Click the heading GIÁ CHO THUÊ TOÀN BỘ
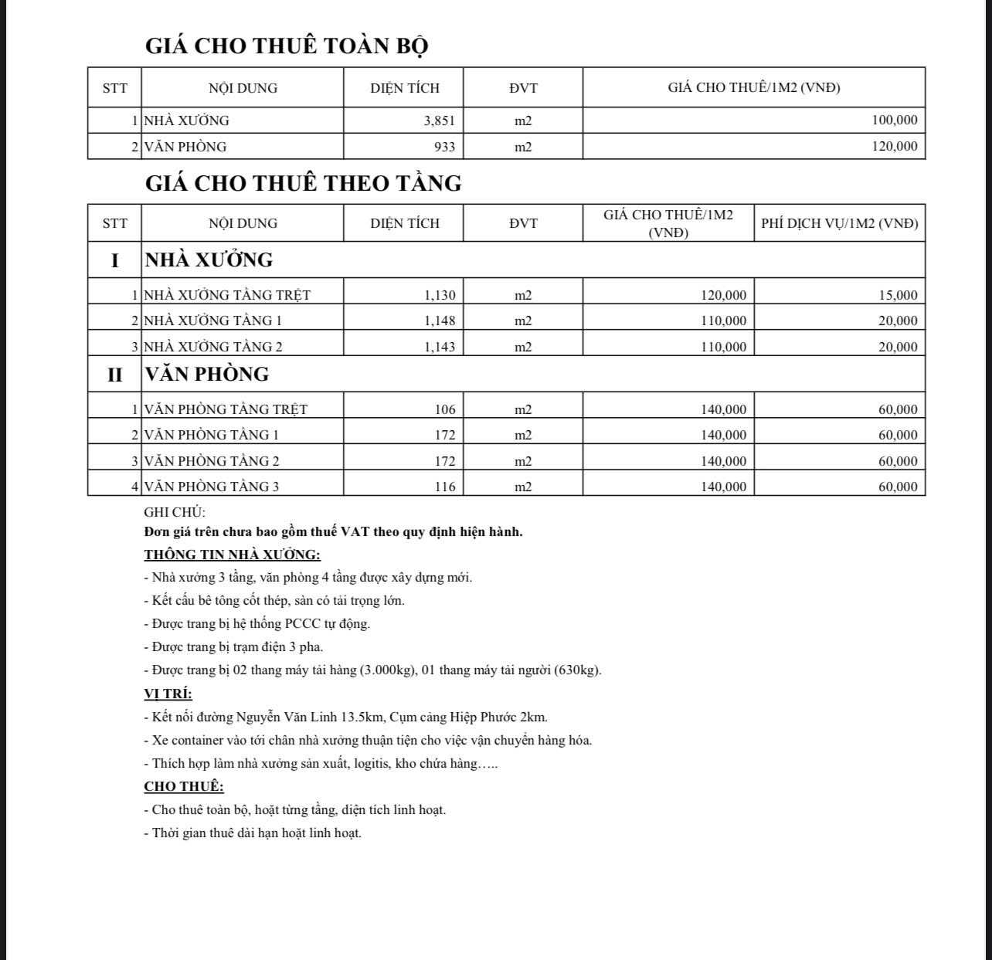[x=287, y=46]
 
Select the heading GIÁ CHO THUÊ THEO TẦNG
[x=303, y=183]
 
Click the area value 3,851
[x=440, y=120]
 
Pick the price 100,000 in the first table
[x=895, y=120]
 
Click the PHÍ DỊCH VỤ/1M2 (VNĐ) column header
[x=839, y=223]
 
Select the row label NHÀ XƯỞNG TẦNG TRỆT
[x=227, y=295]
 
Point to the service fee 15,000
[x=898, y=295]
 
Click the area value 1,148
[x=440, y=321]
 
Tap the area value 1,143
[x=440, y=347]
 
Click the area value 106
[x=445, y=409]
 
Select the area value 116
[x=445, y=487]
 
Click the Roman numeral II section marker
[x=114, y=375]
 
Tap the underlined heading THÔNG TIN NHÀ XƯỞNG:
[x=232, y=555]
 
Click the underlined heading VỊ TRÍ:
[x=168, y=694]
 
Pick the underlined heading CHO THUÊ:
[x=184, y=786]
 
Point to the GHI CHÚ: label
[x=175, y=512]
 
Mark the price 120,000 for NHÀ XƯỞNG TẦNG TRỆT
[x=723, y=295]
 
